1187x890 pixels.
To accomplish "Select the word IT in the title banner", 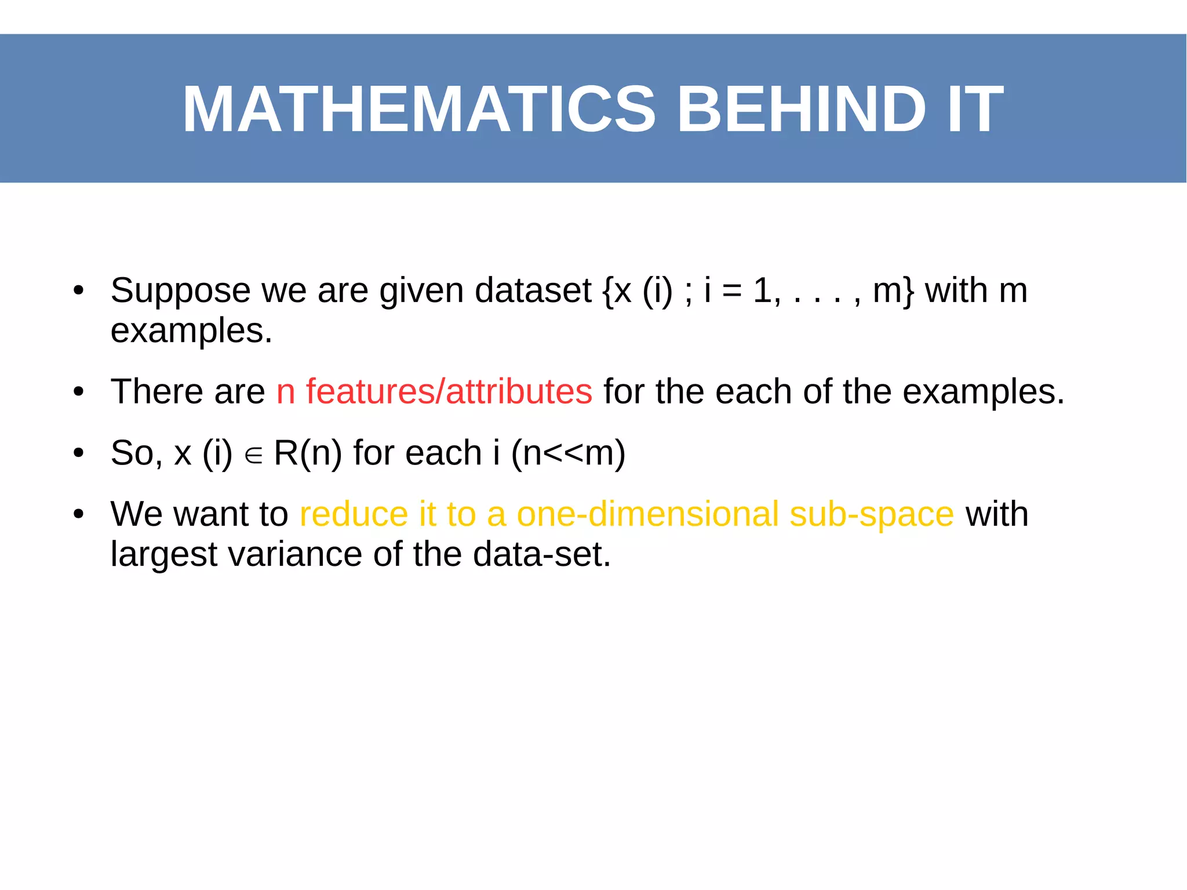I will (975, 109).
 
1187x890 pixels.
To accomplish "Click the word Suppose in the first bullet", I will (180, 291).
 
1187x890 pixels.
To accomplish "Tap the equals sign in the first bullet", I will (732, 291).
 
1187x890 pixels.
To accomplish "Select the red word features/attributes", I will (449, 391).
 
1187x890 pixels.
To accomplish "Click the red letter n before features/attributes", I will (286, 393).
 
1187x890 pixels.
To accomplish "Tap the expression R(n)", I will (308, 453).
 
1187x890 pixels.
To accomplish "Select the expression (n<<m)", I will (568, 453).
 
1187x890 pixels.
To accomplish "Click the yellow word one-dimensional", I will (647, 514).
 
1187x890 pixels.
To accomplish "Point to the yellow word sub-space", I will (871, 515).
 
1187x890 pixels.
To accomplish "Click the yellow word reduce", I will (354, 514).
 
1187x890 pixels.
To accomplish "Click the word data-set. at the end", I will (541, 554).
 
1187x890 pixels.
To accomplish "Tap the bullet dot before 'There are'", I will (79, 393).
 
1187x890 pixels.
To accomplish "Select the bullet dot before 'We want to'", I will (79, 514).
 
